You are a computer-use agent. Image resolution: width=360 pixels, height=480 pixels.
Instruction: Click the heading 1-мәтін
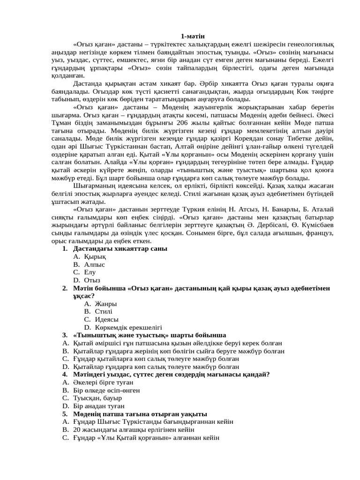coord(193,36)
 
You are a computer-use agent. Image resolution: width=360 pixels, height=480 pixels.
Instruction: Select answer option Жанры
coord(105,304)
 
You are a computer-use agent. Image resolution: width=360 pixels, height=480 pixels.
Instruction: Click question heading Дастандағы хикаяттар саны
coord(120,248)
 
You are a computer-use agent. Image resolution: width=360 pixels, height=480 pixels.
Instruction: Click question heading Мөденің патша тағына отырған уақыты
coord(140,414)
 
